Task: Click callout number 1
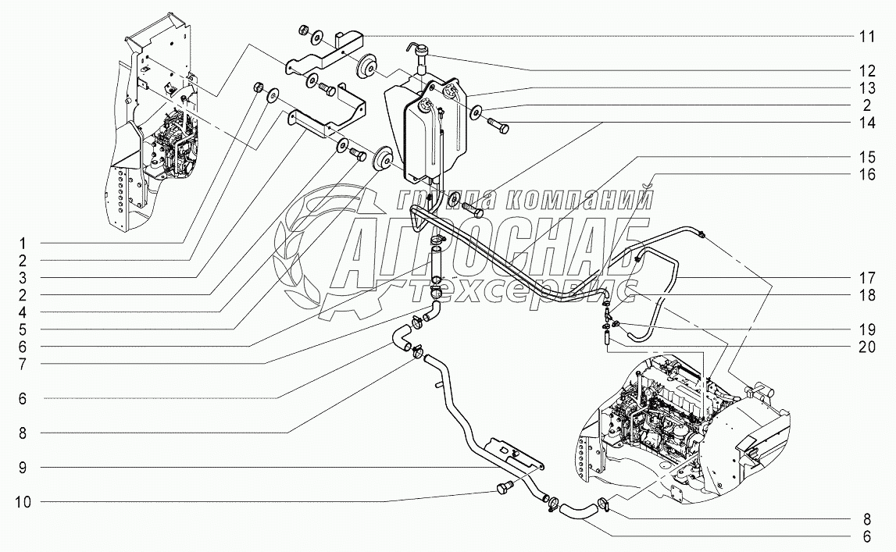click(24, 242)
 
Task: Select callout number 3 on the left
click(24, 277)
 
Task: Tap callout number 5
click(24, 329)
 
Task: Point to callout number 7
click(24, 363)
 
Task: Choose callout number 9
click(24, 467)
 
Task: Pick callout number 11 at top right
click(866, 37)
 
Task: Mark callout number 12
click(866, 70)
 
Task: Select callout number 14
click(866, 123)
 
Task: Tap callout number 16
click(866, 175)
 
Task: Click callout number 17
click(866, 278)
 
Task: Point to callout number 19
click(866, 329)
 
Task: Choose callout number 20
click(866, 347)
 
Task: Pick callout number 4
click(24, 312)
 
